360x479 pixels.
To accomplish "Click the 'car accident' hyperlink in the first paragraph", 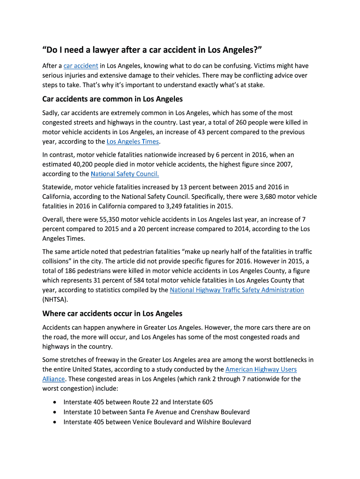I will (x=80, y=66).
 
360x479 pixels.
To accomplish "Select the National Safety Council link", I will (x=125, y=174).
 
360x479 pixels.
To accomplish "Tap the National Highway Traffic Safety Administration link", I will (x=237, y=290).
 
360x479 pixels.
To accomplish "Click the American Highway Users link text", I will (x=261, y=370).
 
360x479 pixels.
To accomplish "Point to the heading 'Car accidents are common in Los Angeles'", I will (x=112, y=99).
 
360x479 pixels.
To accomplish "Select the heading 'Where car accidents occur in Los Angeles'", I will (x=112, y=313).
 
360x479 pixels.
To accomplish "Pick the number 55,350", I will (x=111, y=219).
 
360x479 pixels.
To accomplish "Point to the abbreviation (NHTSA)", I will (x=55, y=300).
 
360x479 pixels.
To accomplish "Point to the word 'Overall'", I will (x=53, y=219).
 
